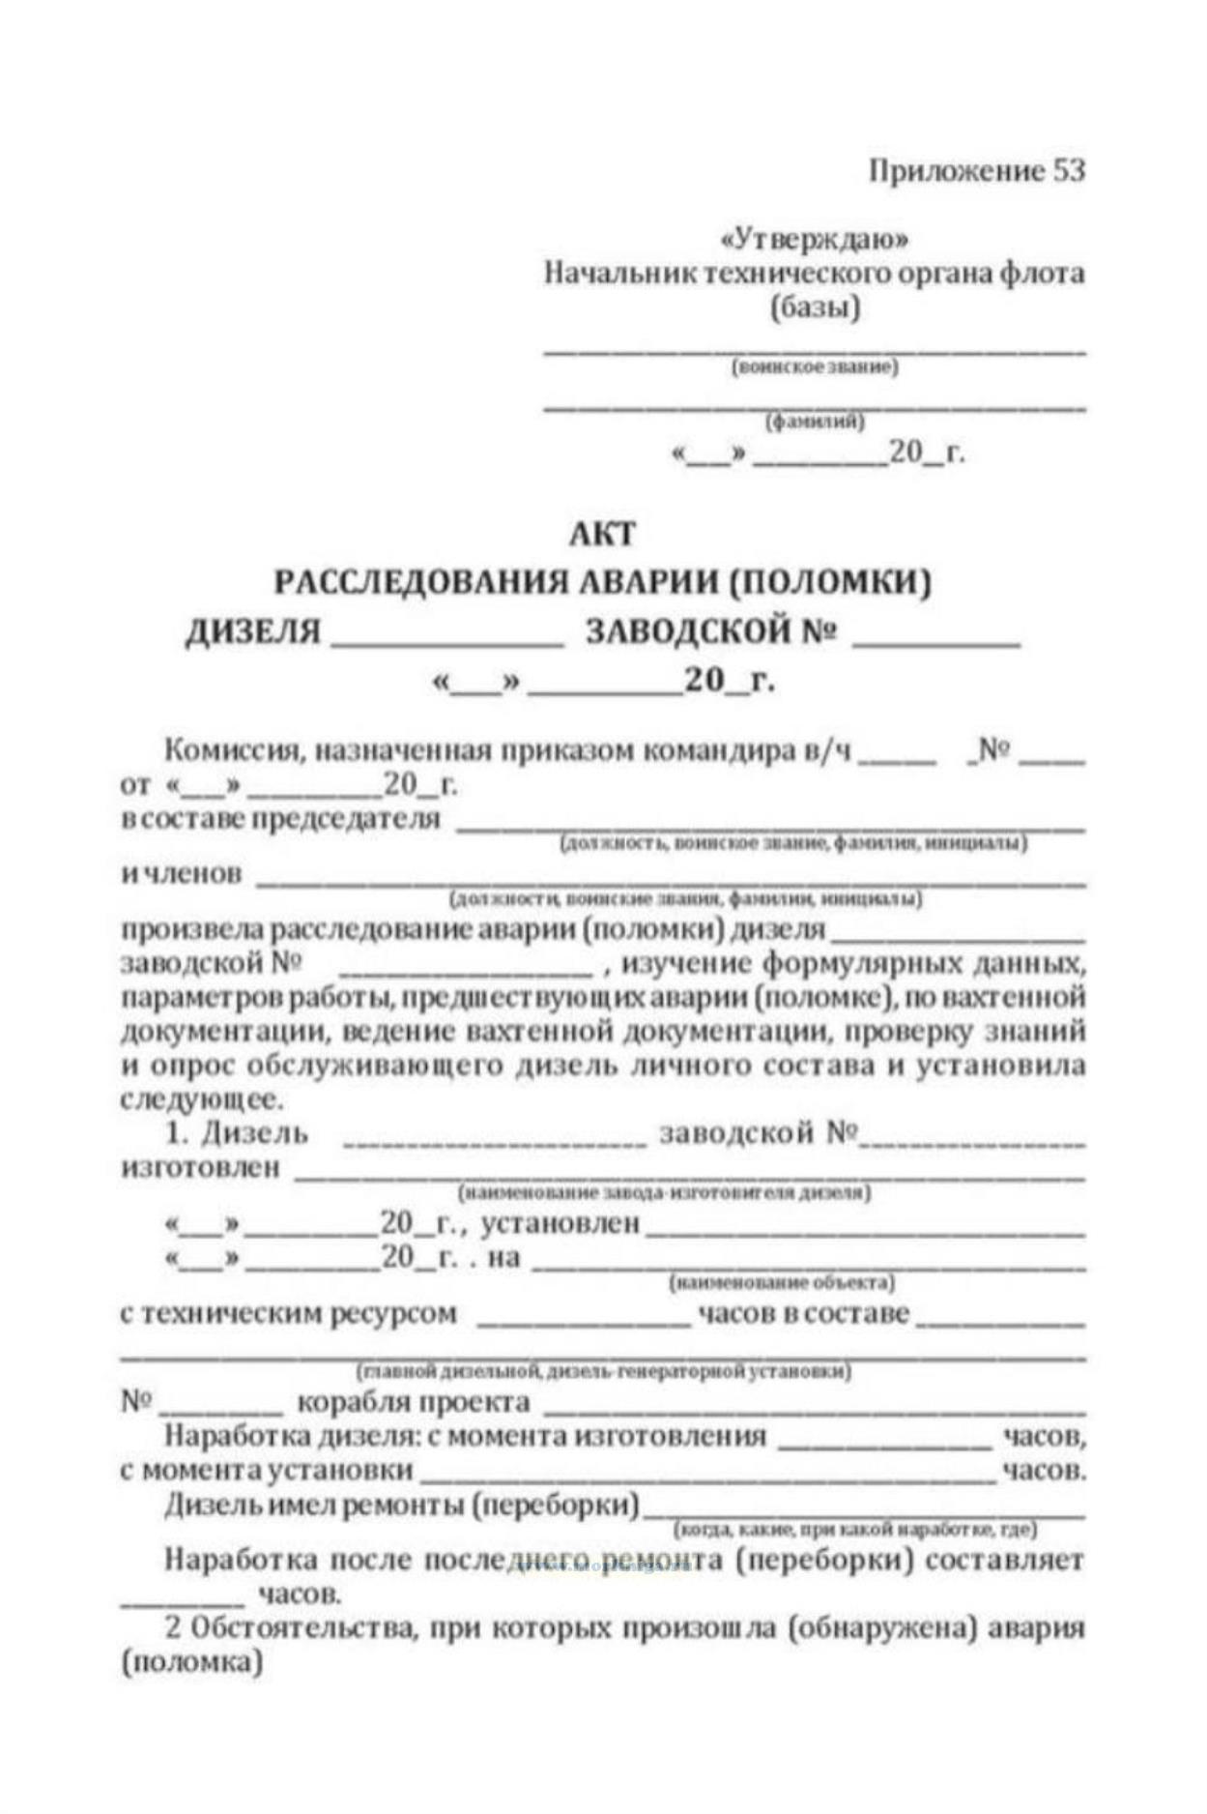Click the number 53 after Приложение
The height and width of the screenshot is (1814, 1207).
pyautogui.click(x=1068, y=170)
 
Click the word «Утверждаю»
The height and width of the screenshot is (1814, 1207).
pyautogui.click(x=815, y=239)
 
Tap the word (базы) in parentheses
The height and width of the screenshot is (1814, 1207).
pyautogui.click(x=815, y=308)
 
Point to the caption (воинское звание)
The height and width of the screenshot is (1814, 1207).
pyautogui.click(x=815, y=367)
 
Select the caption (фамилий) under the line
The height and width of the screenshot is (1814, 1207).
pyautogui.click(x=815, y=422)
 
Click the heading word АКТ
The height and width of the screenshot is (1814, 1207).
pyautogui.click(x=602, y=533)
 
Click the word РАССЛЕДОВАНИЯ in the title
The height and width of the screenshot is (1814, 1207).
pyautogui.click(x=417, y=582)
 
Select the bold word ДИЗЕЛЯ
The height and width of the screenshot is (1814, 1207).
pyautogui.click(x=252, y=631)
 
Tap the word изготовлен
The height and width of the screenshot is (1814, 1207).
pyautogui.click(x=200, y=1167)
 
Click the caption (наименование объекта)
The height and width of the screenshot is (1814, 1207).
pyautogui.click(x=781, y=1283)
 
